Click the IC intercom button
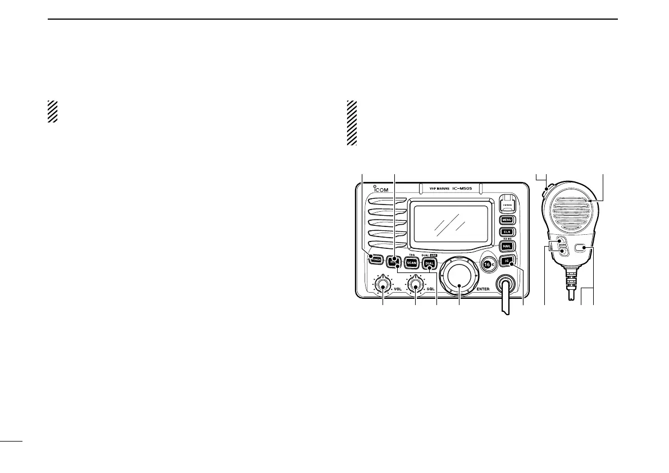tap(507, 261)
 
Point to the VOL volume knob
tap(384, 286)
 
